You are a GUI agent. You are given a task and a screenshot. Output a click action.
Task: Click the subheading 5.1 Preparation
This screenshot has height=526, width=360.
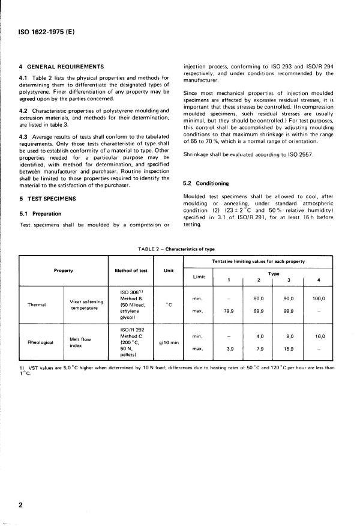click(x=40, y=213)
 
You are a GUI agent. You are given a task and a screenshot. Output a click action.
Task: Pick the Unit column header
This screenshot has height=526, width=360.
click(x=168, y=270)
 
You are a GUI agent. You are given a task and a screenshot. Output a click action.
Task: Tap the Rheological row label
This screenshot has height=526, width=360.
click(x=38, y=343)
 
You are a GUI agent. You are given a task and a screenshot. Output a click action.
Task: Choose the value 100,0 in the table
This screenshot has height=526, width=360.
click(x=319, y=298)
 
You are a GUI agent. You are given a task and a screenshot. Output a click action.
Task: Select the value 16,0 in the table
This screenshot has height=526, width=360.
click(x=319, y=337)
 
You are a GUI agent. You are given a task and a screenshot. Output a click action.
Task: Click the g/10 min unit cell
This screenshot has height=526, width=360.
click(x=168, y=342)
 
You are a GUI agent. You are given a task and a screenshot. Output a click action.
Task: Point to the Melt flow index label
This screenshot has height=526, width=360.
click(x=82, y=342)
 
